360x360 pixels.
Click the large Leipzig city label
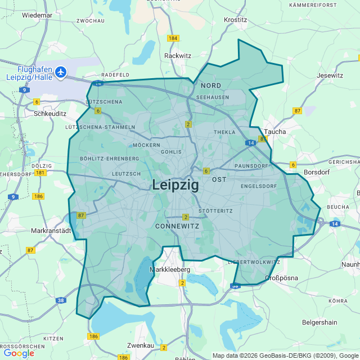point(175,185)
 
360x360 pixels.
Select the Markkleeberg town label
point(170,269)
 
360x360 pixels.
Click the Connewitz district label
point(177,226)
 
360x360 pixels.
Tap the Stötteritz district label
point(215,211)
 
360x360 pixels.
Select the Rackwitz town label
point(178,56)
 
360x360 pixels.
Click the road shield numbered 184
point(173,38)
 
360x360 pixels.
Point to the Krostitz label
point(235,20)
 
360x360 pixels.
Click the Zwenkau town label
point(141,345)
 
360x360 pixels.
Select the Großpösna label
point(281,278)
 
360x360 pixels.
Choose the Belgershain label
point(319,322)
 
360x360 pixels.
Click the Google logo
point(19,353)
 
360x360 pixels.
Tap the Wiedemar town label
point(37,15)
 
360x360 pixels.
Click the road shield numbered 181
point(40,173)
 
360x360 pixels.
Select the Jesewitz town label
point(330,75)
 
